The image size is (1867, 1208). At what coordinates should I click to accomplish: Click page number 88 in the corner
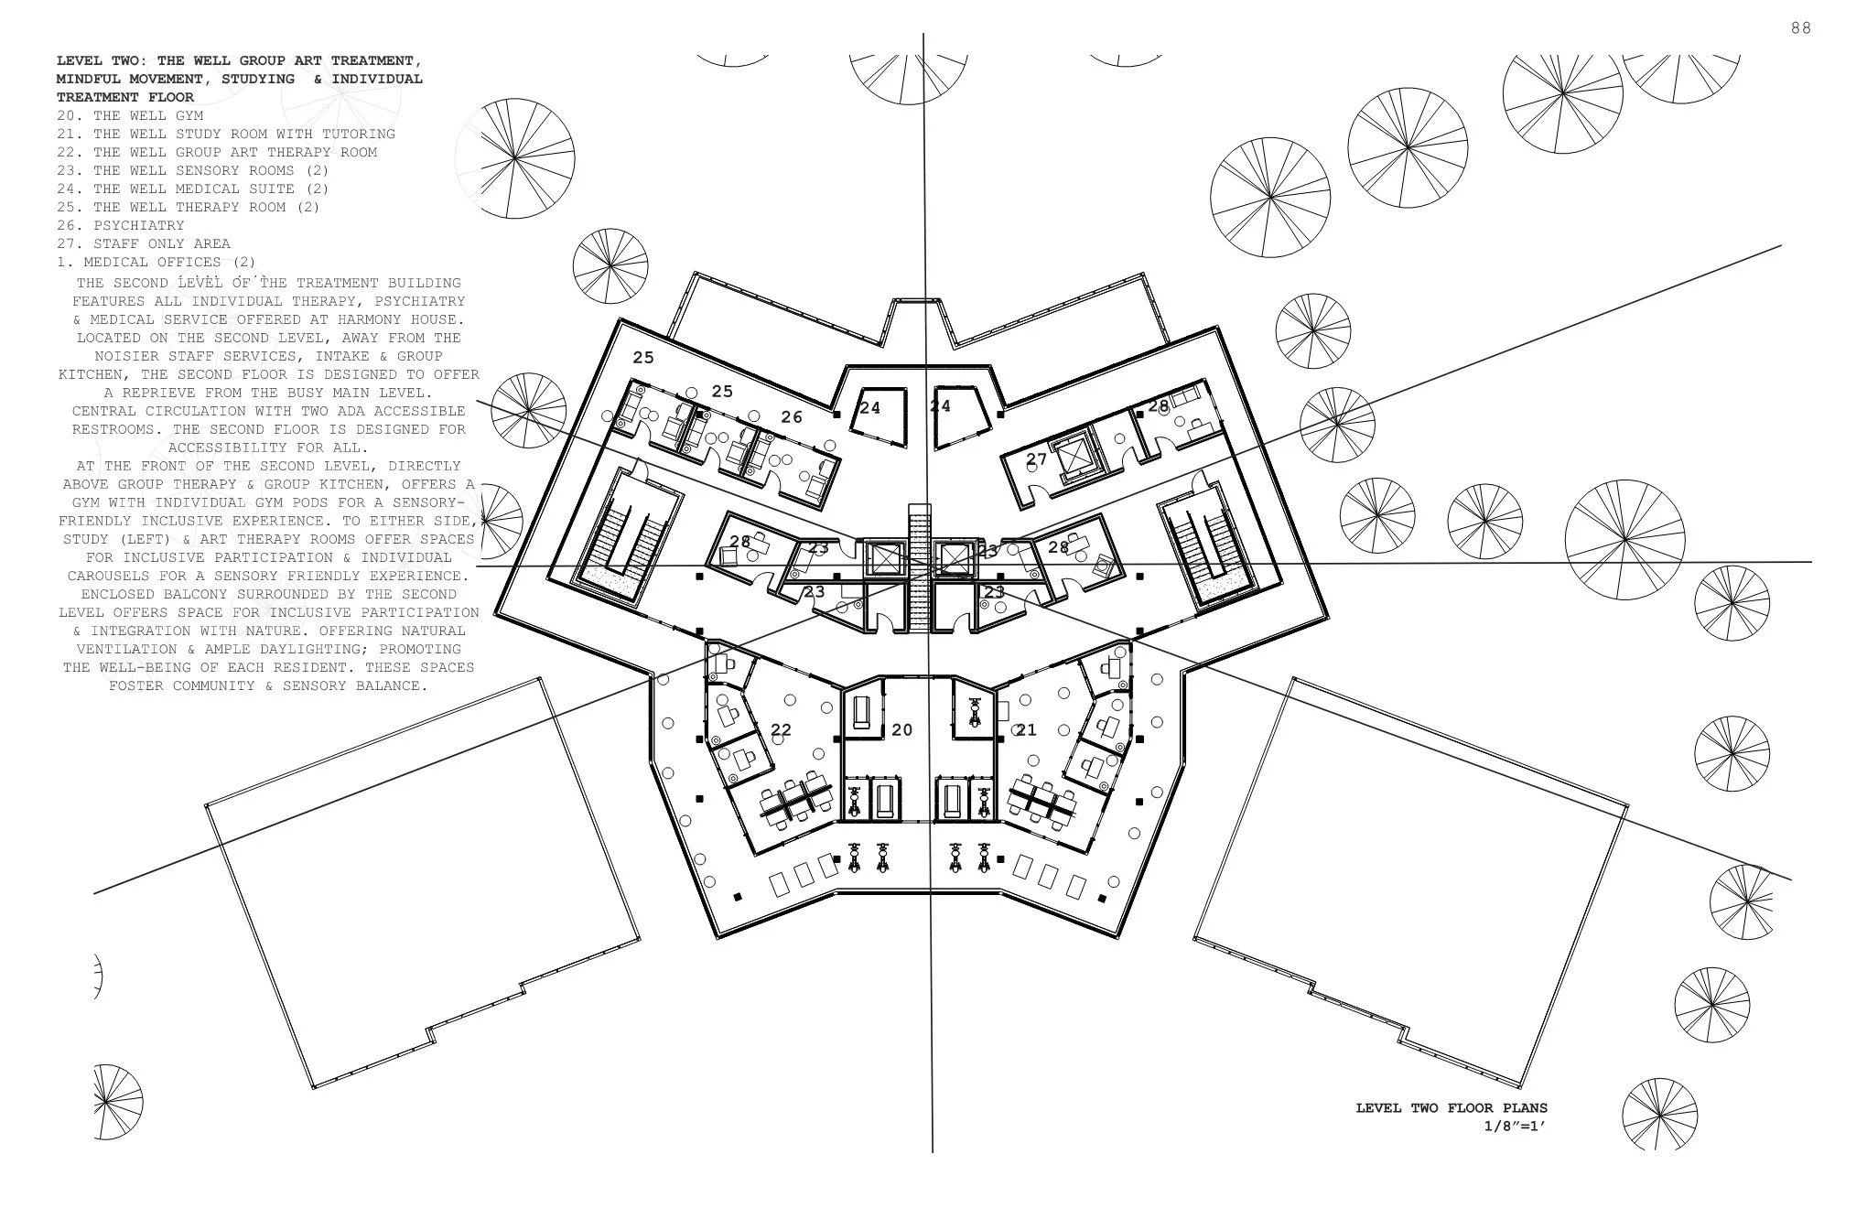1800,28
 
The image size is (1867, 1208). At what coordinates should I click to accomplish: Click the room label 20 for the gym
901,730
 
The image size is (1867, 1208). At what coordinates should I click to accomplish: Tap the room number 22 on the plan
781,730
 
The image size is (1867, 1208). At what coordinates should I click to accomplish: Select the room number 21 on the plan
1026,730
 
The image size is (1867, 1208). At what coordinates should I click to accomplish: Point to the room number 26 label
792,417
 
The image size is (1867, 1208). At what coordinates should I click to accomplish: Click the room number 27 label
1036,459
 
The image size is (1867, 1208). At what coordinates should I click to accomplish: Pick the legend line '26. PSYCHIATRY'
120,225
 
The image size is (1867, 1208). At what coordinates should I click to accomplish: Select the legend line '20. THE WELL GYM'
129,115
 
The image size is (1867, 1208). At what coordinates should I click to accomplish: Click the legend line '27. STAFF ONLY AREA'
143,243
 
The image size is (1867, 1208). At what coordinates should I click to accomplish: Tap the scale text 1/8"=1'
1515,1126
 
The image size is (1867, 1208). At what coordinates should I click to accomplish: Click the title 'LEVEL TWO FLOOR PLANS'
1451,1108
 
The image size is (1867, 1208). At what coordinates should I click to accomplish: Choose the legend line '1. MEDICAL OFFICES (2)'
156,262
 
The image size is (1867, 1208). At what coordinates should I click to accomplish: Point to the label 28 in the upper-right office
1159,405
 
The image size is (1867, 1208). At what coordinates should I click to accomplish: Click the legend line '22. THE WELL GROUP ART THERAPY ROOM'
216,152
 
